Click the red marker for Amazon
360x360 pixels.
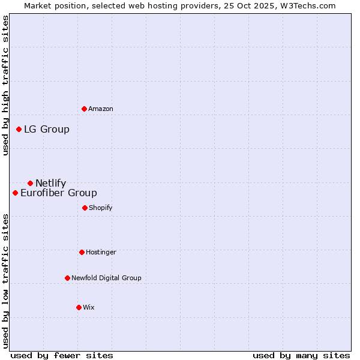pos(84,109)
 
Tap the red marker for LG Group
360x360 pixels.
pos(19,129)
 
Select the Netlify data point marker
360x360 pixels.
pos(30,183)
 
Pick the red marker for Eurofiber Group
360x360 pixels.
pos(15,193)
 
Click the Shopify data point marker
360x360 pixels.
pos(85,208)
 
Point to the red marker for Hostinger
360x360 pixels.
pos(82,252)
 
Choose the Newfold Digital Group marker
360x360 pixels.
pos(67,278)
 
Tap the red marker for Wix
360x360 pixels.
pos(79,307)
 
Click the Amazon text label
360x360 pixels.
pos(101,109)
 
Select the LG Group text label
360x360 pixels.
pos(47,129)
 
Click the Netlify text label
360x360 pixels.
pos(51,183)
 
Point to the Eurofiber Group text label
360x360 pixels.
pos(59,193)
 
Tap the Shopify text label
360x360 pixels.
pos(101,208)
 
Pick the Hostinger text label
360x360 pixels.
pos(101,252)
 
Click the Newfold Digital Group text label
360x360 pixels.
pos(106,278)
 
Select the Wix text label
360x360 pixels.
pos(89,307)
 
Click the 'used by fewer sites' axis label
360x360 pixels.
pos(62,355)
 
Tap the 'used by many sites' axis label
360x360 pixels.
pos(301,355)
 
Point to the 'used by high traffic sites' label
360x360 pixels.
pos(5,85)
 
